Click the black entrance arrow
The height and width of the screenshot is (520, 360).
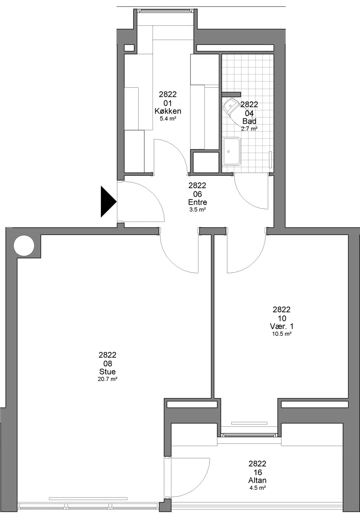(108, 202)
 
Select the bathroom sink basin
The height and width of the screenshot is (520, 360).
(232, 151)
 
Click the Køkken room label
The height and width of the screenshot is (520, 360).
(168, 111)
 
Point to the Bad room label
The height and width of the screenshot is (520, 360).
(249, 122)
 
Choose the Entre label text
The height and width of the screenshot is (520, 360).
(198, 202)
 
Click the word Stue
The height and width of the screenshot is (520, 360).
(108, 372)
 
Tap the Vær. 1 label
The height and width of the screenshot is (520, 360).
(282, 327)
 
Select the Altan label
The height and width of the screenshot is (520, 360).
(257, 480)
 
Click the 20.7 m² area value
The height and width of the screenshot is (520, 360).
(108, 379)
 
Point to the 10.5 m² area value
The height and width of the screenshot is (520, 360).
(282, 334)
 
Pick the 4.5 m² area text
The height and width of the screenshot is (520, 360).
(257, 488)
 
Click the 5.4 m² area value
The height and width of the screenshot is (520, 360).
(168, 118)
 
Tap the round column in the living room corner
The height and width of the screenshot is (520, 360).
(24, 246)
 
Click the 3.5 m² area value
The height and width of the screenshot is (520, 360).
(198, 210)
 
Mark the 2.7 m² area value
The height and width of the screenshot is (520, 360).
(249, 129)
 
